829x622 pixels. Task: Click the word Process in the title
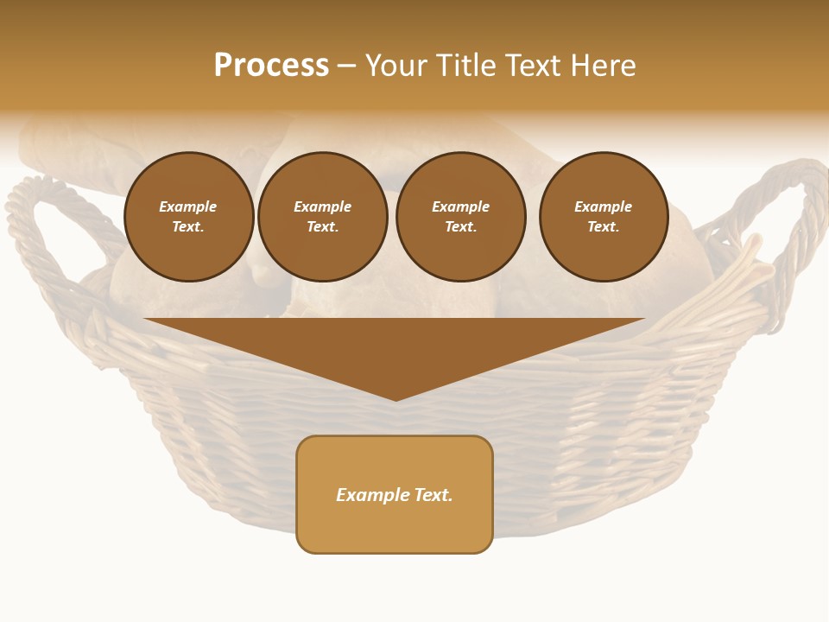(x=271, y=66)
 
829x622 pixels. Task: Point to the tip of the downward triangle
(x=396, y=398)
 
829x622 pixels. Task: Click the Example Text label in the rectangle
(x=395, y=495)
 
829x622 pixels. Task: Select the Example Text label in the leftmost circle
(x=188, y=217)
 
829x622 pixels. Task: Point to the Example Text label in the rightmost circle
(x=603, y=217)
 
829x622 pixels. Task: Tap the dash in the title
(x=346, y=67)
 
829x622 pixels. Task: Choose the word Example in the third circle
(x=460, y=207)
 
